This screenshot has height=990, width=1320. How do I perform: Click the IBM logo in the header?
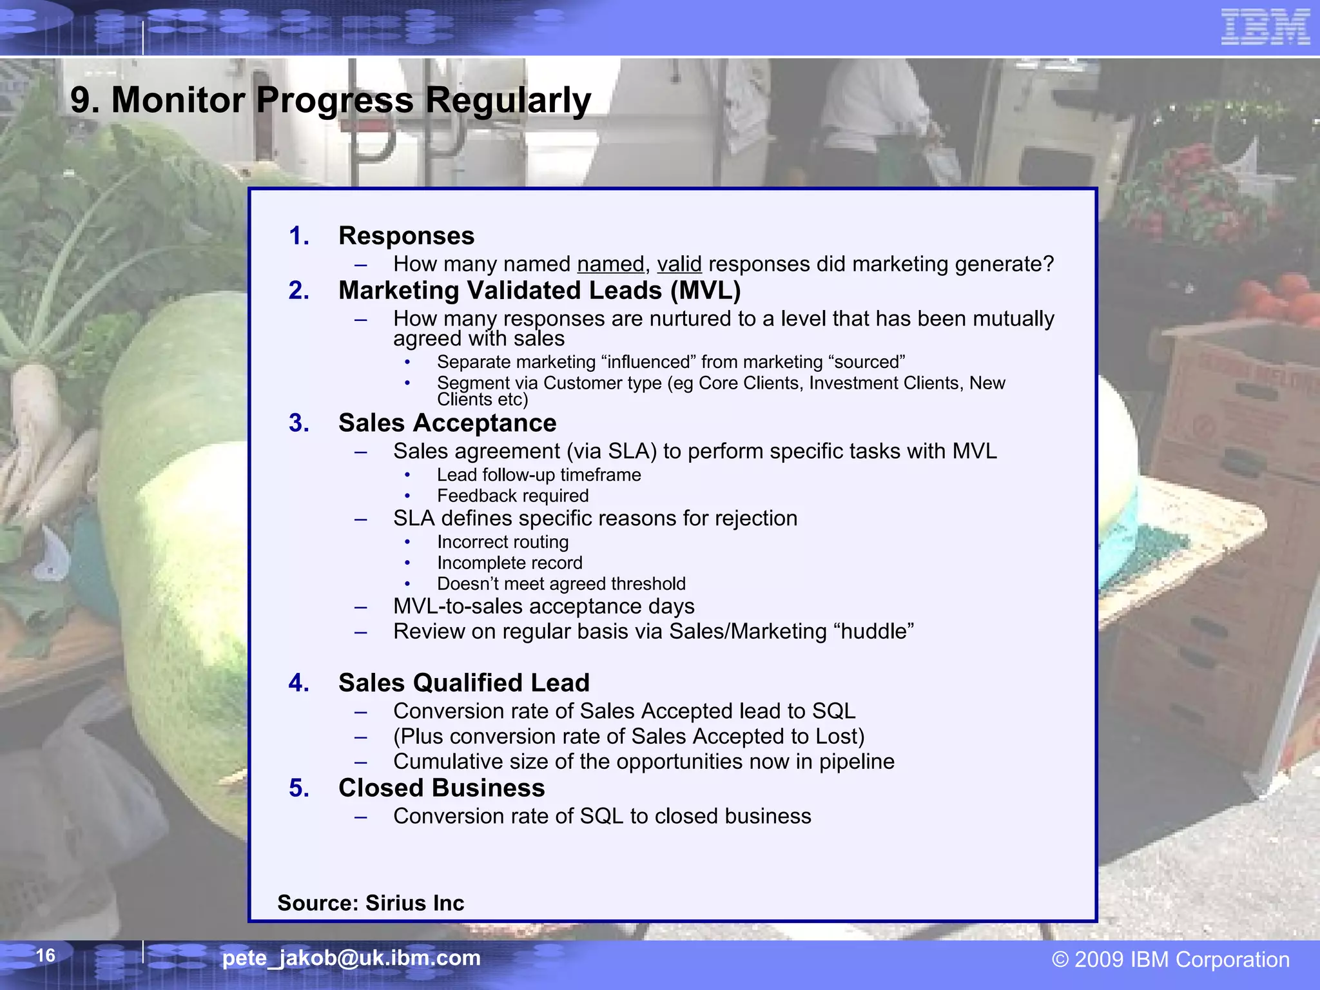[x=1265, y=27]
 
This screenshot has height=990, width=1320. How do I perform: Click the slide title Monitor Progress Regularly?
[x=330, y=101]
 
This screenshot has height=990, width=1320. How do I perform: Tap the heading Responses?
[x=406, y=236]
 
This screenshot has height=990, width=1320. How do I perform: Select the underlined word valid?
[x=679, y=264]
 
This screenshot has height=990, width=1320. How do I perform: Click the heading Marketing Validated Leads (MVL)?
[x=539, y=291]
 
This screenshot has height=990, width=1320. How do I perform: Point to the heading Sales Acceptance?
[x=447, y=423]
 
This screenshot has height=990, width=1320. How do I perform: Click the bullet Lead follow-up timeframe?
[x=539, y=475]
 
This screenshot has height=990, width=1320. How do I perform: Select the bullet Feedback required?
[x=512, y=496]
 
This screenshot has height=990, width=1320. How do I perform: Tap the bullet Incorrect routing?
[x=503, y=542]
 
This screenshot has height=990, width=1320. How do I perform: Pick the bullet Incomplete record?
[x=509, y=563]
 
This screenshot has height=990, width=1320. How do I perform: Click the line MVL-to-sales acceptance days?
[x=543, y=607]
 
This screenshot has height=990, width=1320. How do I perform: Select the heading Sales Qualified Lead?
[x=464, y=683]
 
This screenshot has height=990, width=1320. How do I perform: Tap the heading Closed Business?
[x=442, y=788]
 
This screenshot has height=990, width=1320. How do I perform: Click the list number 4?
[x=298, y=683]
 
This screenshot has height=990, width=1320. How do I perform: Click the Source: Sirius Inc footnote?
[x=371, y=903]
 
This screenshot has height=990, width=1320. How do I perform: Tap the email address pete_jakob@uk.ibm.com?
[x=351, y=958]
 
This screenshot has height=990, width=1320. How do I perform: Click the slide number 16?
[x=45, y=955]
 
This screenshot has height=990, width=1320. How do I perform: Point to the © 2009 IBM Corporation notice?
[x=1170, y=960]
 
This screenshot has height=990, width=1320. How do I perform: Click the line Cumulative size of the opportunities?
[x=643, y=762]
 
